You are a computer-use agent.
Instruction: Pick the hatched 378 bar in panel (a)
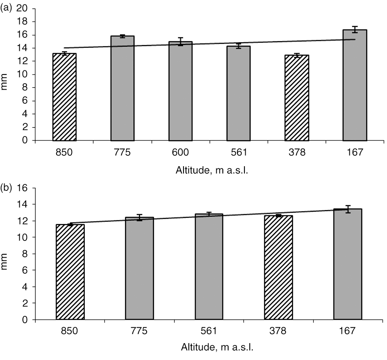click(296, 98)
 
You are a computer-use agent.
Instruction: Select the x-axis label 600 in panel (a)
click(180, 153)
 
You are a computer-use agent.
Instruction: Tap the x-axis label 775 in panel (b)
click(140, 332)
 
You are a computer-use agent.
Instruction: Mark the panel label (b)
click(7, 188)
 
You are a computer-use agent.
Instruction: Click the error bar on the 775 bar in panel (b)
click(140, 217)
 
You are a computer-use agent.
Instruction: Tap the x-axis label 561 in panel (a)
click(238, 153)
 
